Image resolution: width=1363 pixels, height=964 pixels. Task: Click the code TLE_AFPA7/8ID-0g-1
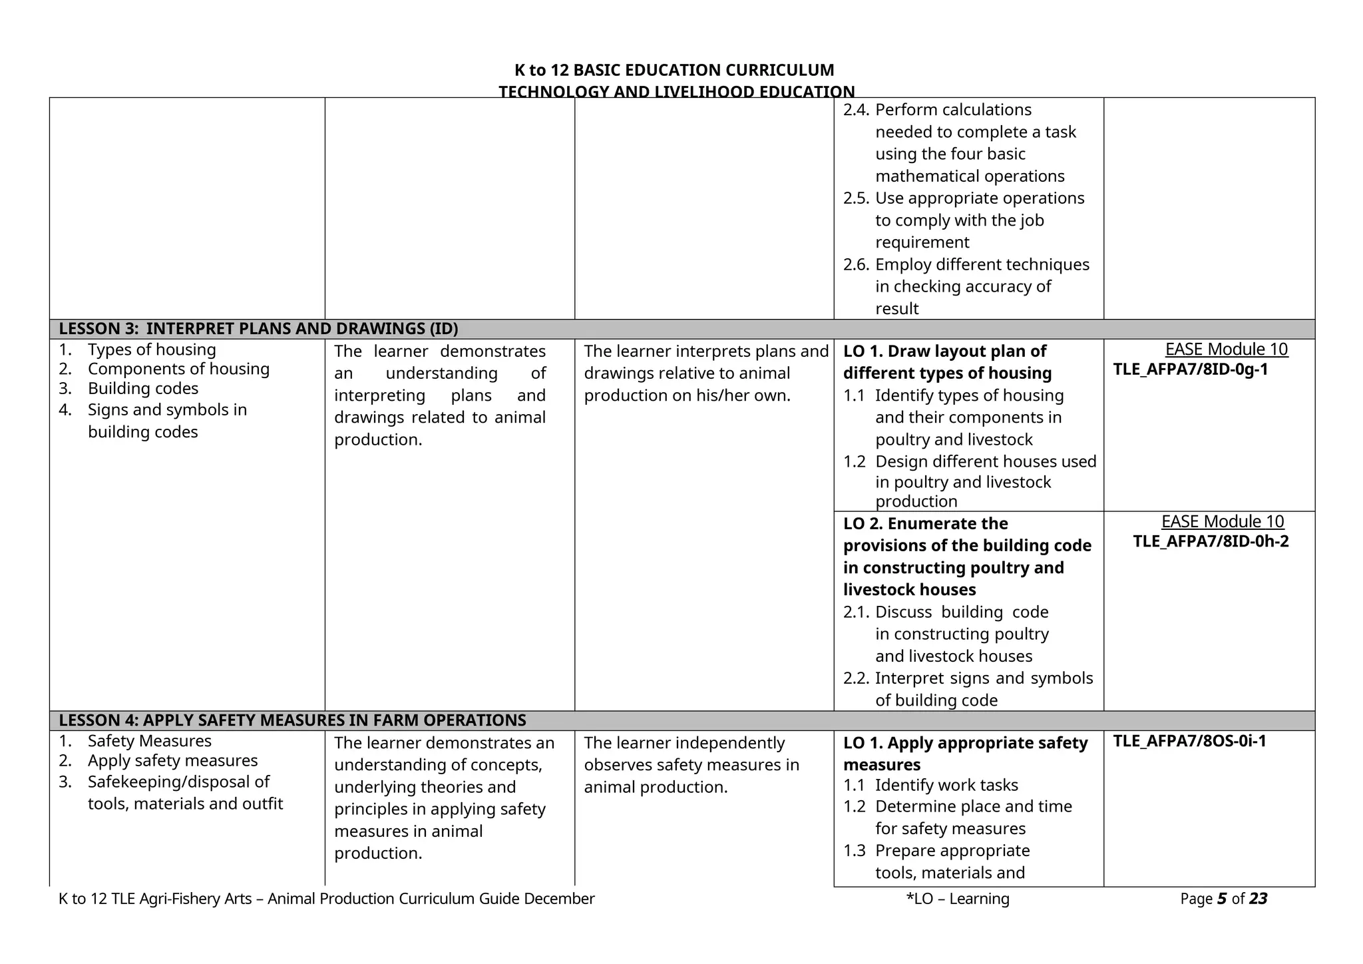tap(1191, 369)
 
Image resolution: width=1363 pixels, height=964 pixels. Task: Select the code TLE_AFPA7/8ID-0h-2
tap(1211, 541)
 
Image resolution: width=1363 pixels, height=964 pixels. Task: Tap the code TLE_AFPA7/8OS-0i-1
tap(1189, 741)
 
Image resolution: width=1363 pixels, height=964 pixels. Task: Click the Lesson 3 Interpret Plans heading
tap(258, 329)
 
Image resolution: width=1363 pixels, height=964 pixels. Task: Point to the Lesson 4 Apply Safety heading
tap(292, 720)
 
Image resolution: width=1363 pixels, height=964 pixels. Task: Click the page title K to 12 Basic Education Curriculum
tap(674, 71)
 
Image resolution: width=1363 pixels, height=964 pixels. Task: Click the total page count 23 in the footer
tap(1258, 899)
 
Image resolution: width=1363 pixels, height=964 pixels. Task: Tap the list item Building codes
tap(143, 389)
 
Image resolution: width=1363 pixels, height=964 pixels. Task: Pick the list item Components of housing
tap(178, 369)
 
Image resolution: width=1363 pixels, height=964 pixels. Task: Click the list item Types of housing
tap(152, 350)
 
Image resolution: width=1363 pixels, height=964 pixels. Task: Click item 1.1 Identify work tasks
tap(946, 786)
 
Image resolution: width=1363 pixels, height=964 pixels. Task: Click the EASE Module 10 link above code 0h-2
tap(1222, 522)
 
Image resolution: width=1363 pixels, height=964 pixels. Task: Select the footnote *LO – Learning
tap(958, 899)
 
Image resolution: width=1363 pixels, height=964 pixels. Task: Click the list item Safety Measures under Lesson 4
tap(150, 741)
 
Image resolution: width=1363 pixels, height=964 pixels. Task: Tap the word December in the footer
tap(559, 899)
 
